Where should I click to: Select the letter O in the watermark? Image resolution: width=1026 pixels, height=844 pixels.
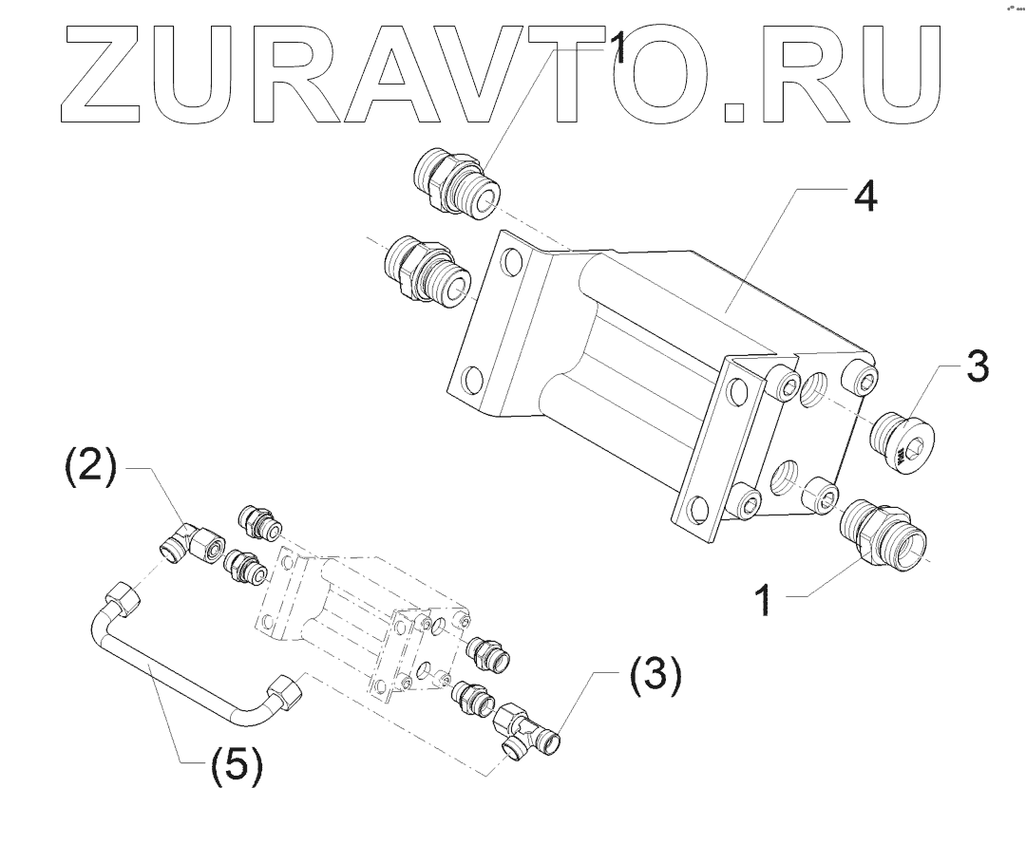[656, 75]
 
